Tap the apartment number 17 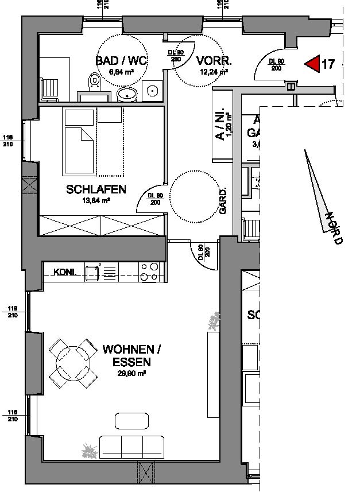328,64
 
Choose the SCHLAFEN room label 96,189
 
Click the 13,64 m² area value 96,200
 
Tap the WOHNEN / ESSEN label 128,355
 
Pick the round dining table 72,362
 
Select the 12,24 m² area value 213,72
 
